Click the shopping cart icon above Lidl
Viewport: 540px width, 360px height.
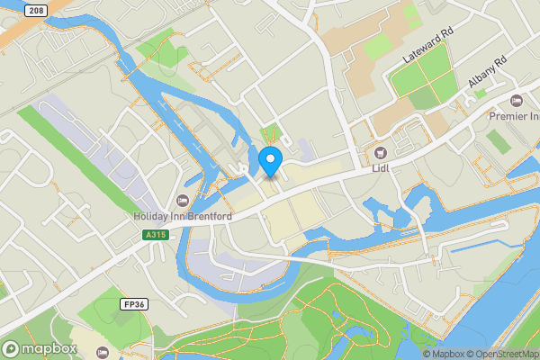pos(380,152)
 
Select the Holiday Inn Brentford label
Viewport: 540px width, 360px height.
pos(183,217)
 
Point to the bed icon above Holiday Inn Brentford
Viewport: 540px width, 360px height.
pos(184,200)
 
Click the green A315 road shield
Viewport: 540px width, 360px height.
pos(155,234)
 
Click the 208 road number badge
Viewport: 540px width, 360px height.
pos(35,10)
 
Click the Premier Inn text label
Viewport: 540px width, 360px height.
pos(513,117)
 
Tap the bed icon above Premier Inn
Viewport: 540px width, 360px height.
pos(516,100)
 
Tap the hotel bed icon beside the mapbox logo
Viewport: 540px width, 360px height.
pos(101,352)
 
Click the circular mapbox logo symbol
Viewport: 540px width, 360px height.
pos(12,347)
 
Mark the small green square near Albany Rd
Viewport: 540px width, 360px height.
pos(481,93)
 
